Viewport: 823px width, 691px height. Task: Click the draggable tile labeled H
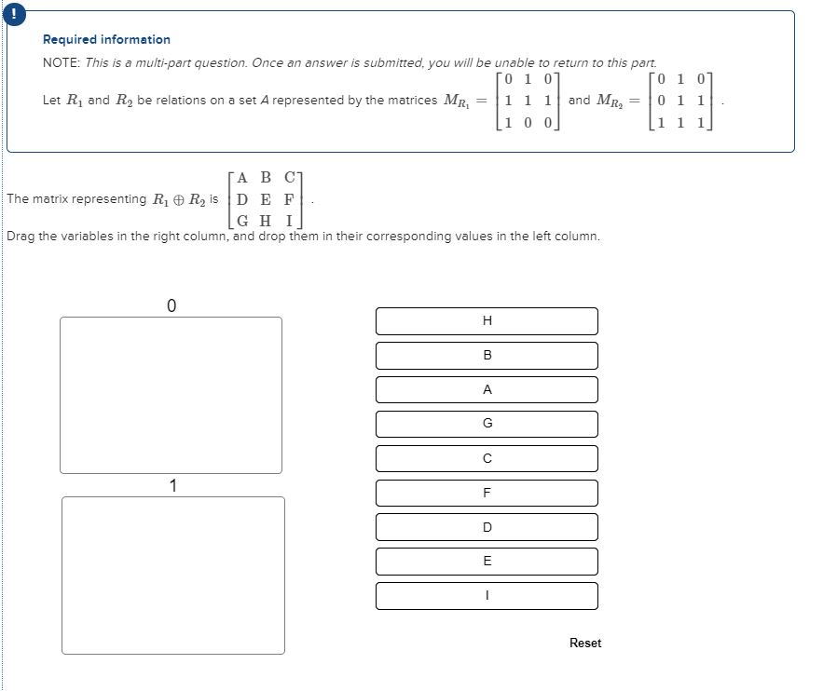pyautogui.click(x=487, y=321)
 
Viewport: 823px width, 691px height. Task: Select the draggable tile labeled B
pyautogui.click(x=487, y=356)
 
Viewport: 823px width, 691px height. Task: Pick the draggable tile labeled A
pyautogui.click(x=487, y=390)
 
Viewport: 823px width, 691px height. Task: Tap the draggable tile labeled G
pyautogui.click(x=487, y=424)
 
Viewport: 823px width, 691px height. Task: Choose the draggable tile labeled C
pyautogui.click(x=487, y=458)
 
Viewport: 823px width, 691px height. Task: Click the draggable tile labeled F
pyautogui.click(x=487, y=493)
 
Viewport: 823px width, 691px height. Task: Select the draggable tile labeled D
pyautogui.click(x=487, y=527)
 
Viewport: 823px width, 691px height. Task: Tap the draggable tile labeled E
pyautogui.click(x=487, y=562)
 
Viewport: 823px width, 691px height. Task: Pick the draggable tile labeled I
pyautogui.click(x=487, y=596)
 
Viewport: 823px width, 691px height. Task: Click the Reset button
pyautogui.click(x=585, y=644)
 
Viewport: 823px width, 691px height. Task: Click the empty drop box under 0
pyautogui.click(x=171, y=395)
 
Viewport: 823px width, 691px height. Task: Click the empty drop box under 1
pyautogui.click(x=172, y=575)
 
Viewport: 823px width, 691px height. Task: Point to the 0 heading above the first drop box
pyautogui.click(x=171, y=305)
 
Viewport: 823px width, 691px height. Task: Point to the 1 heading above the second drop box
pyautogui.click(x=172, y=485)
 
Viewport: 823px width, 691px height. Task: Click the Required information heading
pyautogui.click(x=106, y=40)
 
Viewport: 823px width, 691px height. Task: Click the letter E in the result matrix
pyautogui.click(x=266, y=198)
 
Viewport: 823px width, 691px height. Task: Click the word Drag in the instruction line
pyautogui.click(x=21, y=237)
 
